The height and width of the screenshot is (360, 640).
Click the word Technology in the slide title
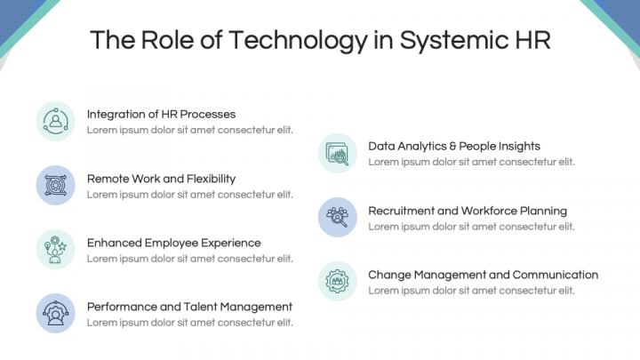(x=298, y=40)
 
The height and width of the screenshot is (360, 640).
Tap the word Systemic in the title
(x=453, y=40)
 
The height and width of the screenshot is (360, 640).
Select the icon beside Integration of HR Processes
(x=55, y=121)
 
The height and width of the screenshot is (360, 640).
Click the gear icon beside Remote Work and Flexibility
(x=55, y=185)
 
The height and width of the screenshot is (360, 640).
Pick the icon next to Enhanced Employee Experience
(x=55, y=250)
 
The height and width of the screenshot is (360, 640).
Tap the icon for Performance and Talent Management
(x=55, y=314)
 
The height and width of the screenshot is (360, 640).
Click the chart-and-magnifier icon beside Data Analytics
(x=338, y=154)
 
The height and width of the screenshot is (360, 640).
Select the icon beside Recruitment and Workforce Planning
(x=338, y=217)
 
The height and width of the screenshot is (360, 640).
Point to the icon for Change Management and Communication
(x=338, y=281)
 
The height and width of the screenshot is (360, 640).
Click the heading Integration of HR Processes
(x=161, y=115)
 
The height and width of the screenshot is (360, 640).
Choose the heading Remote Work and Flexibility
(x=161, y=179)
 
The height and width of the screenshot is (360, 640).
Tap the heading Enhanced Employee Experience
(x=174, y=243)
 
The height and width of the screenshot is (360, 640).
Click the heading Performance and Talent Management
(x=190, y=307)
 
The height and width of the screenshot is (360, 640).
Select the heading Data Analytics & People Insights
(x=454, y=147)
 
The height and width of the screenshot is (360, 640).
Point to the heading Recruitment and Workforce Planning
(x=468, y=211)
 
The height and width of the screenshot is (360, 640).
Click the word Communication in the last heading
(x=556, y=275)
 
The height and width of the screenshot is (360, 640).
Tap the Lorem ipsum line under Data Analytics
(x=471, y=162)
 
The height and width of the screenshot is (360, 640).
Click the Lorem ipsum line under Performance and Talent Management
(x=190, y=323)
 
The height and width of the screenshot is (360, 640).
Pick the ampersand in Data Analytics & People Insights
(x=452, y=146)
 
